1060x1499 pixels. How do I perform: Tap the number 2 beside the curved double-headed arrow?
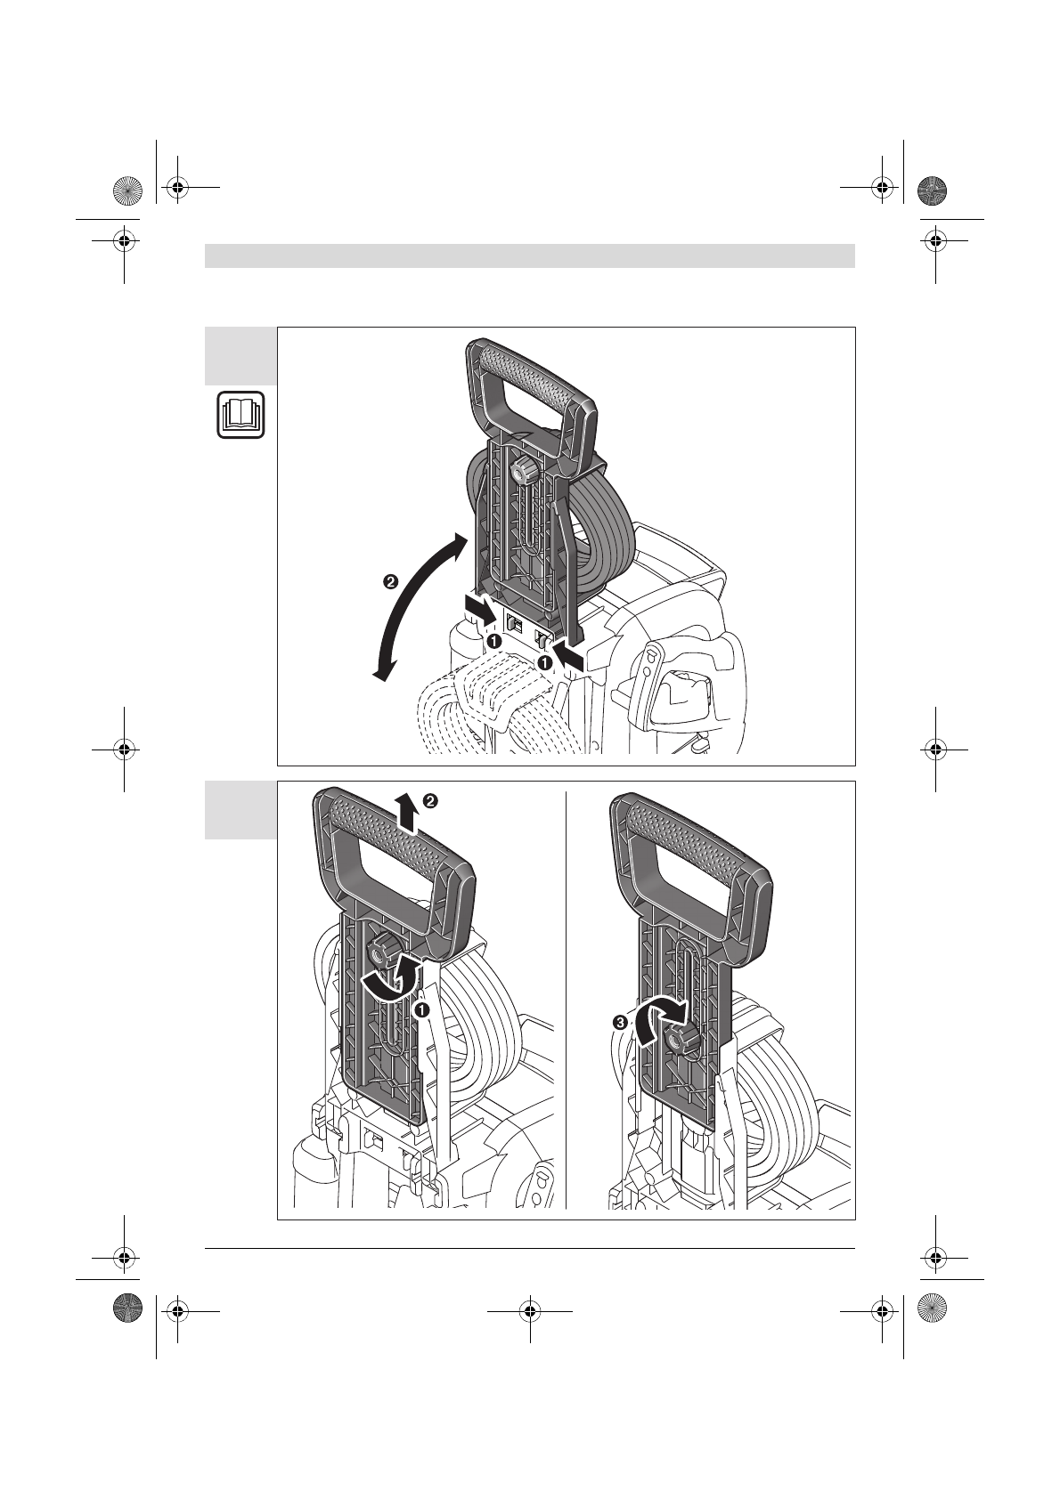coord(389,581)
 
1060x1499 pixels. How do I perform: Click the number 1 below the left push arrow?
coord(493,642)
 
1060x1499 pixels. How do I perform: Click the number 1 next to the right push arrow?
coord(544,663)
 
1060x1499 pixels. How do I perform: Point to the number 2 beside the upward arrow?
coord(431,800)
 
